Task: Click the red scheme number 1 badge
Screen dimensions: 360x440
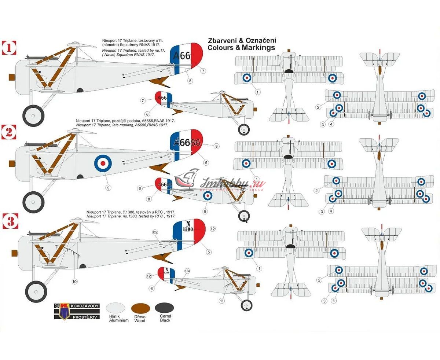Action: (x=9, y=48)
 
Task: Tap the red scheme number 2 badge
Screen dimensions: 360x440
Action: (x=9, y=132)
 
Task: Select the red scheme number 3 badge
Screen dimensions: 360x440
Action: (x=9, y=221)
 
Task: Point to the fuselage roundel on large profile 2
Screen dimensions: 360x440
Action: (x=103, y=163)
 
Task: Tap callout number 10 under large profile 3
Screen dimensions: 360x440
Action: (x=74, y=281)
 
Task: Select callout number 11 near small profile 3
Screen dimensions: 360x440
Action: (x=221, y=301)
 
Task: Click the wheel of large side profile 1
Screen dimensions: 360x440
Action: (x=33, y=116)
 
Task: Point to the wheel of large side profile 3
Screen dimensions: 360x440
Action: (x=37, y=292)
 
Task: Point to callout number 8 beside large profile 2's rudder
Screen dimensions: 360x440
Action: (x=216, y=146)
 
